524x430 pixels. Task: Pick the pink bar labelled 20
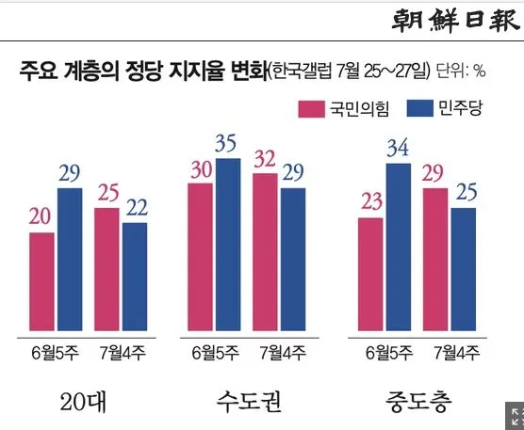pos(42,282)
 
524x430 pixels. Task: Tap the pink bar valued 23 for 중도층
pos(372,275)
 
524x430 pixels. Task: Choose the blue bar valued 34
pos(400,248)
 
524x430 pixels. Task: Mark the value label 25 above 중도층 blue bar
pos(463,193)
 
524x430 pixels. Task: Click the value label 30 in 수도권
pos(201,169)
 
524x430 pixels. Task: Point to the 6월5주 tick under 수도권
pos(214,354)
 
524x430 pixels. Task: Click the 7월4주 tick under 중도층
pos(455,354)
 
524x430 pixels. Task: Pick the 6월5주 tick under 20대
pos(56,354)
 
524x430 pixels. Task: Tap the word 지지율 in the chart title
pos(189,72)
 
